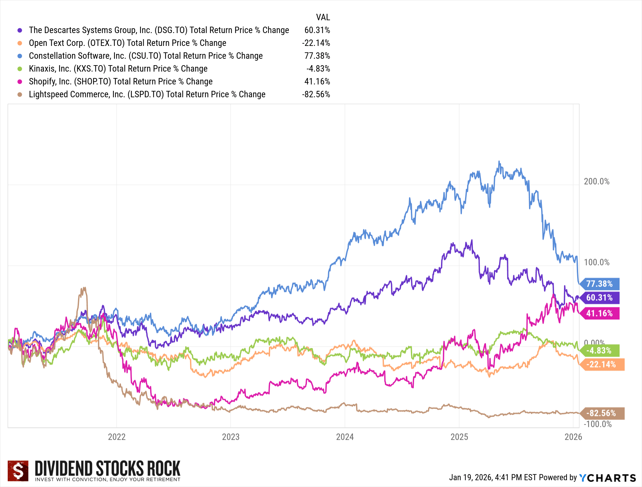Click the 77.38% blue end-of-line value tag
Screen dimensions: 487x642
coord(599,284)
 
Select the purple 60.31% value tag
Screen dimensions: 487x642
coord(599,298)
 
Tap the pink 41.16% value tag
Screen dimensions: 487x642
coord(599,313)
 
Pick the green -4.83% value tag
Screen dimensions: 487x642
coord(599,351)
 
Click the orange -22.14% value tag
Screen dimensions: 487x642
coord(601,364)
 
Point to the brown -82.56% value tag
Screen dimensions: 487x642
coord(601,413)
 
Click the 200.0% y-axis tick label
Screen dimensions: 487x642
coord(596,181)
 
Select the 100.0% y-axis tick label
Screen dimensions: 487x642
coord(596,262)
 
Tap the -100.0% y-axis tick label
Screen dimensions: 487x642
coord(597,424)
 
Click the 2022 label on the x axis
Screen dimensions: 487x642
coord(117,437)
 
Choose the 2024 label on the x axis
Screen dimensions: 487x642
coord(345,437)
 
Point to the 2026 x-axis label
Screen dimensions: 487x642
coord(573,437)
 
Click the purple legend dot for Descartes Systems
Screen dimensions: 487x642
coord(20,30)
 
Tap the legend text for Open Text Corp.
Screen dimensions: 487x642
coord(127,43)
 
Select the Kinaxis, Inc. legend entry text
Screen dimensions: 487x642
coord(118,69)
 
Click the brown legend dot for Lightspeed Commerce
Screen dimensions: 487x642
coord(20,94)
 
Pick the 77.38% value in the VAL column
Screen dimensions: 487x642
coord(317,56)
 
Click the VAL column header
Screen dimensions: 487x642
coord(323,17)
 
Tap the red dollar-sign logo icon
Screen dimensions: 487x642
coord(18,471)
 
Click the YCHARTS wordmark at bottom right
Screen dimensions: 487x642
coord(607,478)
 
